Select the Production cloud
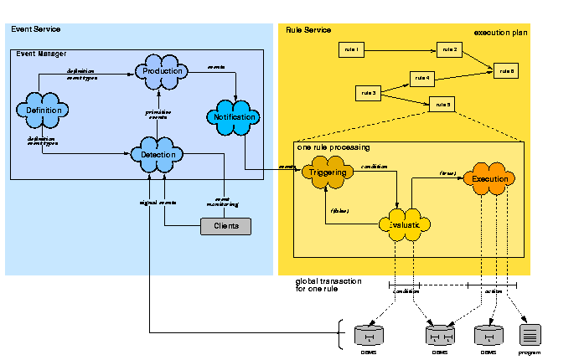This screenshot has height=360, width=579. click(x=163, y=71)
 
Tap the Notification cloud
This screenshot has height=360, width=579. click(x=235, y=117)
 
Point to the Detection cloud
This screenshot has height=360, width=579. click(x=158, y=155)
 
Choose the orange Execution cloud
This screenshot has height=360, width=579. click(x=489, y=179)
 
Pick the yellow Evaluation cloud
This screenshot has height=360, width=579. click(x=406, y=224)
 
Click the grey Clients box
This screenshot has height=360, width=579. click(x=225, y=226)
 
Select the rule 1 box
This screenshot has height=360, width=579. click(x=351, y=50)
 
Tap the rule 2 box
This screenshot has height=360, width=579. click(x=450, y=50)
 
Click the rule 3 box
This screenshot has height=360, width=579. click(x=369, y=92)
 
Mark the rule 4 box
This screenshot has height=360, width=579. click(x=422, y=79)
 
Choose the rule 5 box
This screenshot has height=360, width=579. click(x=442, y=105)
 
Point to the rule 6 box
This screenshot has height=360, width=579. click(x=506, y=71)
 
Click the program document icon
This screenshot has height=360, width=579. click(x=530, y=335)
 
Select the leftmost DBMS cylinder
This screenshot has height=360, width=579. click(x=369, y=336)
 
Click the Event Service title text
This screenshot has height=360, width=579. click(x=35, y=29)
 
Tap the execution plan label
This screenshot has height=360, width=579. click(x=500, y=33)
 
